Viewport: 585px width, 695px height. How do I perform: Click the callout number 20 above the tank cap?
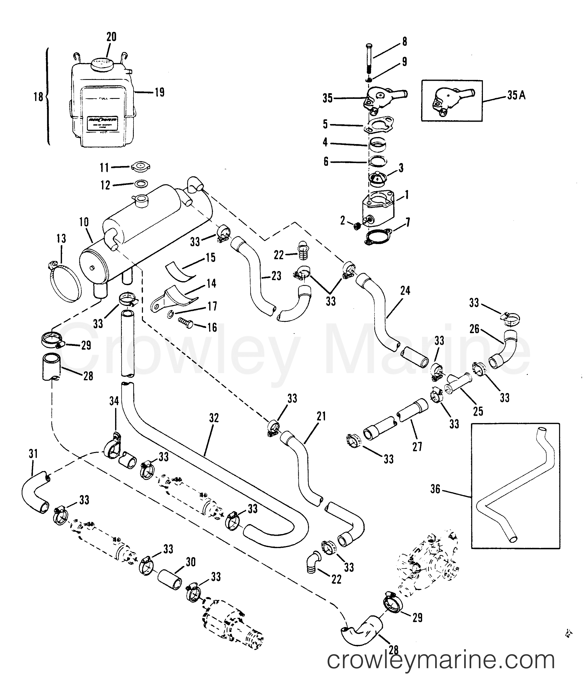tap(111, 37)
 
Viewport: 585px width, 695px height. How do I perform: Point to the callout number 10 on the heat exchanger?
tap(84, 222)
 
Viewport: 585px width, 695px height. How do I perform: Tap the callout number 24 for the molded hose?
tap(405, 291)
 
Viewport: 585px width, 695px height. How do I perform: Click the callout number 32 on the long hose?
tap(214, 418)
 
